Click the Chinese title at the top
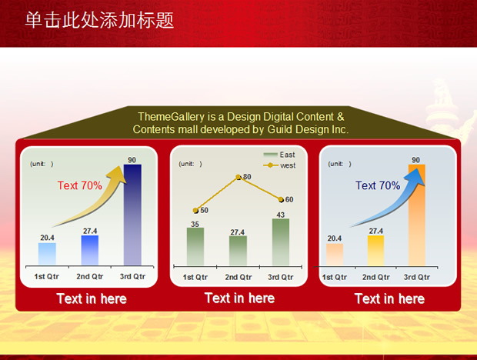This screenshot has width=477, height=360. coord(99,20)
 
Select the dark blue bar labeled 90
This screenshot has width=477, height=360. coord(132,215)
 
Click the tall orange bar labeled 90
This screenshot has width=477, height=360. coord(417,215)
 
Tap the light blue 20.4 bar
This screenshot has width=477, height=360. coord(47,254)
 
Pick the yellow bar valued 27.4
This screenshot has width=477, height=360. coord(375,251)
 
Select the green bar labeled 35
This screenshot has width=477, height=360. coord(195,247)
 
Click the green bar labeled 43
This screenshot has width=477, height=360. coord(281,242)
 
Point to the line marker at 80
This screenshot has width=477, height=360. coord(239,177)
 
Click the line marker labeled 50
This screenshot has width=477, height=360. coord(195,211)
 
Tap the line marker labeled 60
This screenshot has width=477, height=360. coord(281,199)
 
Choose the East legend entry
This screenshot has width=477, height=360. coord(279,155)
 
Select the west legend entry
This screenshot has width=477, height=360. coord(279,165)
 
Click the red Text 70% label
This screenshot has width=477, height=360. coord(80,185)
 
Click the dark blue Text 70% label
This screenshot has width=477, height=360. coord(378,185)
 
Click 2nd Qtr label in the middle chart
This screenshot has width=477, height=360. coord(239,277)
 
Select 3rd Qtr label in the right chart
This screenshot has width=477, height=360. coord(417,277)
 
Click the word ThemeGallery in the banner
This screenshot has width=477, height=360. coord(172,117)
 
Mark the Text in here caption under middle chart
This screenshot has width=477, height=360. coord(240,298)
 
